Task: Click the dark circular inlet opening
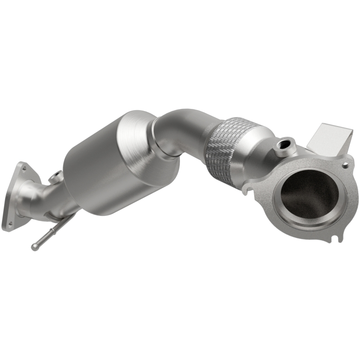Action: (309, 195)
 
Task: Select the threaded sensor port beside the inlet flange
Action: (285, 145)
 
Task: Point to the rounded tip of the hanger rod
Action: (34, 247)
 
